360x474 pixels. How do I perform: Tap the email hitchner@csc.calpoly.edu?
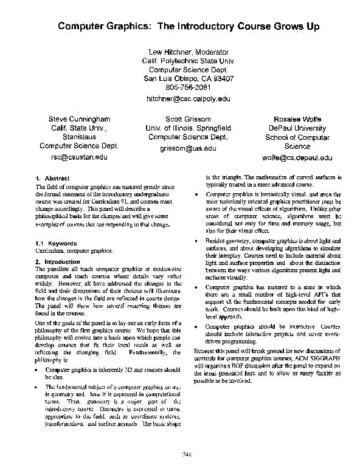pos(189,98)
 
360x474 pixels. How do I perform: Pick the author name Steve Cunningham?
pos(79,119)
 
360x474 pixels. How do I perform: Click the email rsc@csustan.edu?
pos(79,157)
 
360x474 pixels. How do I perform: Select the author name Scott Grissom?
pos(189,119)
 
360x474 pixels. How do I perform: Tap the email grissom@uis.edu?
pos(189,148)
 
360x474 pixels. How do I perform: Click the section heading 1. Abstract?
pos(49,178)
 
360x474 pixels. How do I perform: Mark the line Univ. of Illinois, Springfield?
pos(189,128)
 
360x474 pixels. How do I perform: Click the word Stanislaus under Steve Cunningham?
pos(79,137)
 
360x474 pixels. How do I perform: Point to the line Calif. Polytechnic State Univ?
pos(189,61)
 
